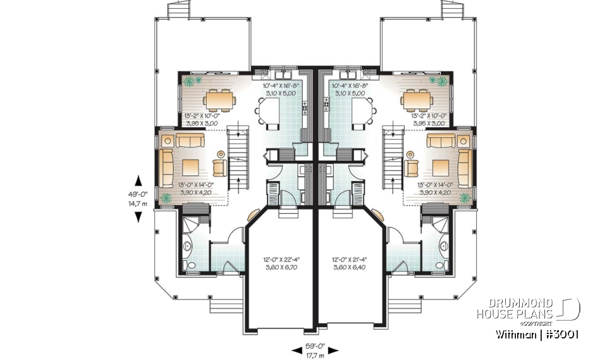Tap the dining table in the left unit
tap(218, 99)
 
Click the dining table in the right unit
tap(415, 99)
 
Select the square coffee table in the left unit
tap(191, 167)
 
